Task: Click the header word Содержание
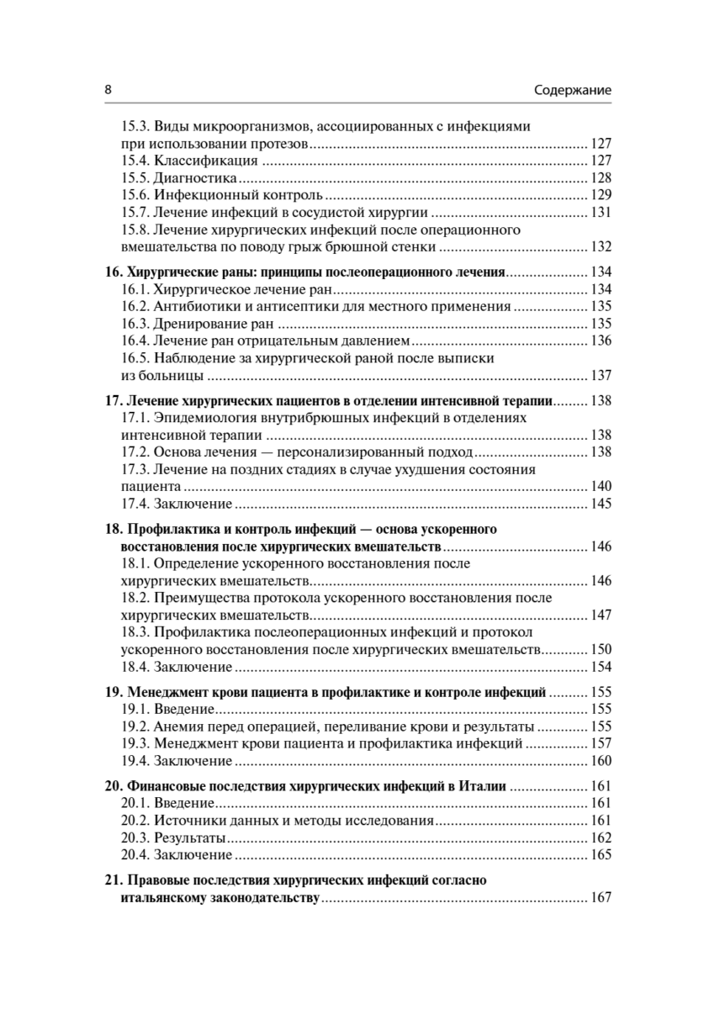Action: point(572,89)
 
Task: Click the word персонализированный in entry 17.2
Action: point(344,452)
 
